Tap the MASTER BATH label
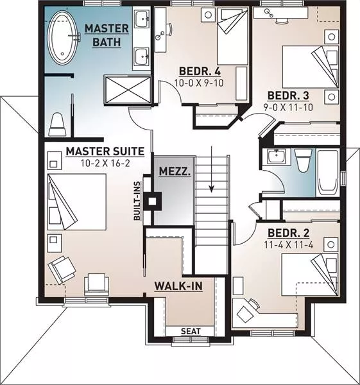(x=107, y=35)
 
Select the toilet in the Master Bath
(x=58, y=124)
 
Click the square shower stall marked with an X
(x=128, y=89)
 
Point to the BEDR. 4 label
(x=200, y=71)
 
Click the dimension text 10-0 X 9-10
(x=199, y=83)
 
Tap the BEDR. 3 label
(x=288, y=96)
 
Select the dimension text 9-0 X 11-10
(x=288, y=107)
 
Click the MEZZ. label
(x=175, y=171)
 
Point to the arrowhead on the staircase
(x=211, y=189)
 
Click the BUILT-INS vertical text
(x=137, y=201)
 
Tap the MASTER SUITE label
(x=105, y=151)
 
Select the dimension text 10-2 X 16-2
(x=105, y=163)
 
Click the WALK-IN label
(x=178, y=286)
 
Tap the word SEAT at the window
(x=191, y=332)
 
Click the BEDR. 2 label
(x=289, y=233)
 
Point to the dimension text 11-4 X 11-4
(x=289, y=245)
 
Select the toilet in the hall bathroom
(x=303, y=160)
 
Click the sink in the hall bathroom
(x=277, y=157)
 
